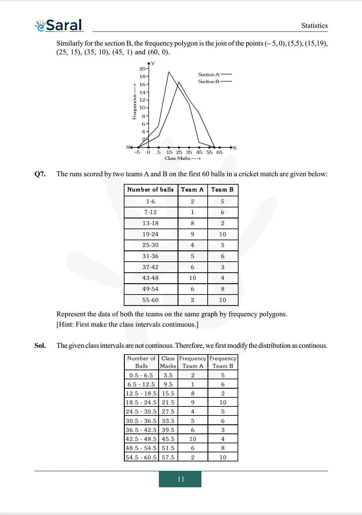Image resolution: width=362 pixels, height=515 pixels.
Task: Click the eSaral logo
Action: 59,25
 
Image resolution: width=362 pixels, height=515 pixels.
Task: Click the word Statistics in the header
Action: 314,25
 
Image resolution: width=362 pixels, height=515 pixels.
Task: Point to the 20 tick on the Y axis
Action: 142,69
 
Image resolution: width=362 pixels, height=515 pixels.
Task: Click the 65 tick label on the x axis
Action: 219,152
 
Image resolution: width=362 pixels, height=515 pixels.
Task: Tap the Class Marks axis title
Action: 177,158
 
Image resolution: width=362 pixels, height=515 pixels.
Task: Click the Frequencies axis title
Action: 135,107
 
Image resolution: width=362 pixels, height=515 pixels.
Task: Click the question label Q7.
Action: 40,174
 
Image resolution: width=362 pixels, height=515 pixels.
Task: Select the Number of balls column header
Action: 150,190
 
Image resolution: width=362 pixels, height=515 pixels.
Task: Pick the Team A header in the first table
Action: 192,190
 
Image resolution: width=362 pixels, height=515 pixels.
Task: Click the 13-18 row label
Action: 150,223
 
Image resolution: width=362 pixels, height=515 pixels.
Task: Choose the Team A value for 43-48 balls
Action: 192,278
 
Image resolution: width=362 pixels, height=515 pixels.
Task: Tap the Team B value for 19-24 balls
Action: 222,234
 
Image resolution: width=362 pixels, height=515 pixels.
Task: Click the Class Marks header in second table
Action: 168,362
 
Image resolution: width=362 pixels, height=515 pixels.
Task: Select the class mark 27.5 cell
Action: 168,411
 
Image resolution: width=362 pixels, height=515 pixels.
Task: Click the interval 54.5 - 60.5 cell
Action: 141,457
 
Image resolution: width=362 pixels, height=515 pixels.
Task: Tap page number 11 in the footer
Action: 181,479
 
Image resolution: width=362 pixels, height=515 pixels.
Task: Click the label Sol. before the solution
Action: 40,345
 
